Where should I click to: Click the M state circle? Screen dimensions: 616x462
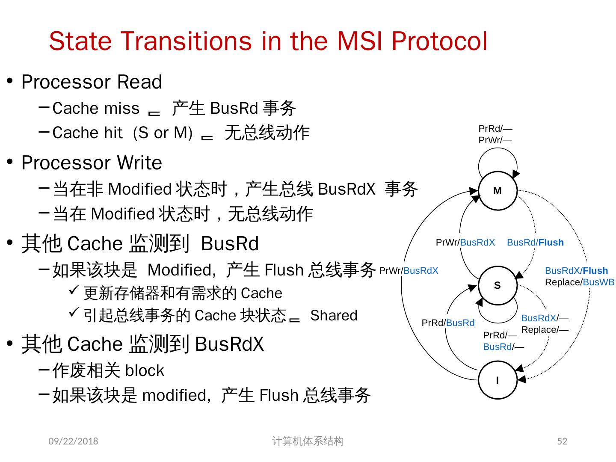tap(498, 191)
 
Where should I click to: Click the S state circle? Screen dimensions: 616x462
tap(498, 285)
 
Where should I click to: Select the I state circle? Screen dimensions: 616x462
tap(498, 380)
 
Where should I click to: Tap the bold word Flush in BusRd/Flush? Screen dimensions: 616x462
tap(551, 243)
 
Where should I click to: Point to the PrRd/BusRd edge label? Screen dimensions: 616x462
tap(448, 323)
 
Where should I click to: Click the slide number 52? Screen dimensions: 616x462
tap(562, 441)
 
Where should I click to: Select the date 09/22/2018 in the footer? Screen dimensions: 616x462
tap(73, 441)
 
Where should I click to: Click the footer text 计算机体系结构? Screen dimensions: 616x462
tap(308, 441)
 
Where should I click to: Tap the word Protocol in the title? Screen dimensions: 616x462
tap(439, 41)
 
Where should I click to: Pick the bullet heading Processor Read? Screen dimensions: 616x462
tap(92, 82)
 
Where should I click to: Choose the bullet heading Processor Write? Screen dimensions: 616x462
tap(92, 163)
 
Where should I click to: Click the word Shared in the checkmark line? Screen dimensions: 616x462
tap(334, 316)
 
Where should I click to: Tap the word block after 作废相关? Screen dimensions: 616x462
tap(145, 370)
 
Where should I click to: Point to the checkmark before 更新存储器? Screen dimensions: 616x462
tap(73, 291)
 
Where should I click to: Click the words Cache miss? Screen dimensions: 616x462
tap(96, 109)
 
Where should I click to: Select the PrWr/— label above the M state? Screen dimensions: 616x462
tap(495, 140)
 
